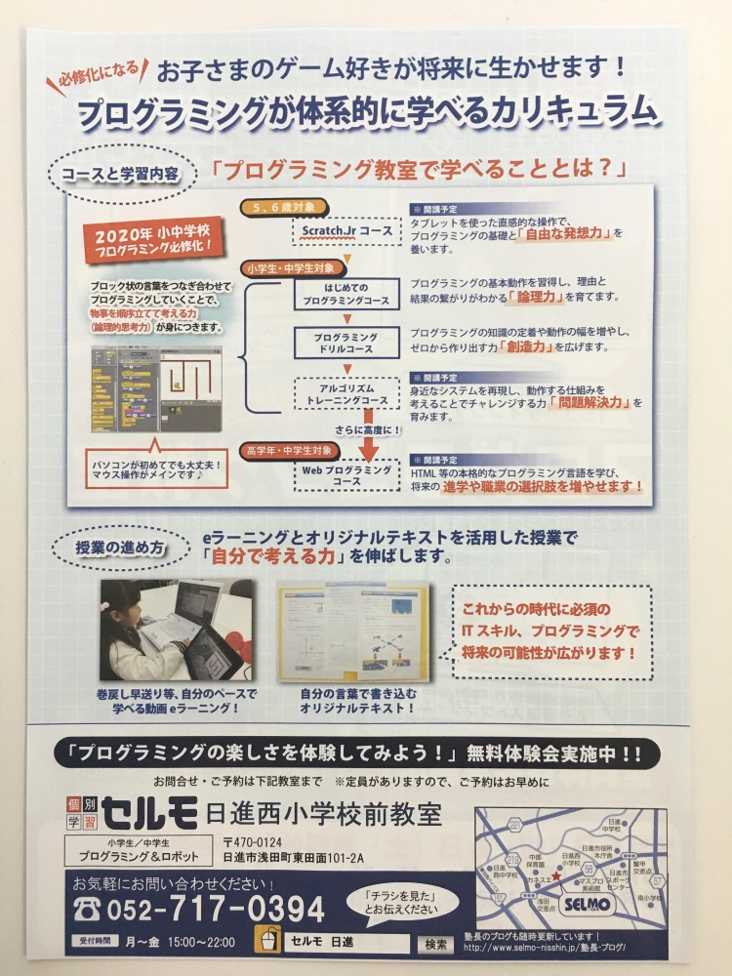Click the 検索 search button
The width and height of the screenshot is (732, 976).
[434, 944]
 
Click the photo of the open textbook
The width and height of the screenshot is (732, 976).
[351, 632]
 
